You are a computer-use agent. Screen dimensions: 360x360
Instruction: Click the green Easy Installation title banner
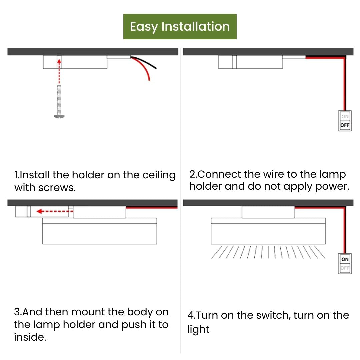point(180,27)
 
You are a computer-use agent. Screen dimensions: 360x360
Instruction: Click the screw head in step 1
point(59,116)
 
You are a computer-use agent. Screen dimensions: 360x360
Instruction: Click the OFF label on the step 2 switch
point(345,125)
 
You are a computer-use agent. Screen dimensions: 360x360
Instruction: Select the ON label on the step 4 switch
point(345,259)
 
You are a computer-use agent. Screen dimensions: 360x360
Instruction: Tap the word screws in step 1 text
point(57,188)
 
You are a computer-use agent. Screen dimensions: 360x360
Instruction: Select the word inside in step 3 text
point(30,337)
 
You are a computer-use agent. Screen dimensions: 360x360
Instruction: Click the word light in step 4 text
point(198,329)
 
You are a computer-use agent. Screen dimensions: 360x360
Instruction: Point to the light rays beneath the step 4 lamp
point(268,252)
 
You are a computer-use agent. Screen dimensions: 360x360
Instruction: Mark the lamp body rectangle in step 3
point(99,233)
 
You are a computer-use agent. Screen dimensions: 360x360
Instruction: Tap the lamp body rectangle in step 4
point(268,233)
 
